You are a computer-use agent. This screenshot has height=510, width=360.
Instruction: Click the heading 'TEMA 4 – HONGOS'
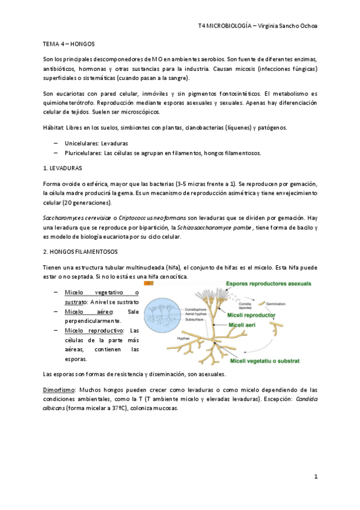69,45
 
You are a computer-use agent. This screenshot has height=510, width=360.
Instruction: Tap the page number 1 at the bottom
315,476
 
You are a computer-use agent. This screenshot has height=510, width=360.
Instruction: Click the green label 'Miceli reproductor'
252,315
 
